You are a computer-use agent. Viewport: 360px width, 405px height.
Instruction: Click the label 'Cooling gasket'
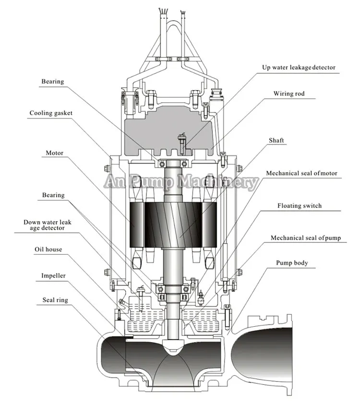pos(51,113)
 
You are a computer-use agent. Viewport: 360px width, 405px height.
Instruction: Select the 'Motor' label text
pos(54,153)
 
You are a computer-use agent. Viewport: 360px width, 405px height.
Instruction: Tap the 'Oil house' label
pos(48,250)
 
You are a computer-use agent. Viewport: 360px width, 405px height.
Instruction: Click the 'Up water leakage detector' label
pos(299,68)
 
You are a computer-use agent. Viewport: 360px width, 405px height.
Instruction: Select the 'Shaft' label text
pos(276,140)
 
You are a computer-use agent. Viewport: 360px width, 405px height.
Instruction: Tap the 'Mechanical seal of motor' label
pos(301,173)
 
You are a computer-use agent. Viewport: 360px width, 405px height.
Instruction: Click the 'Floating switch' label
pos(300,205)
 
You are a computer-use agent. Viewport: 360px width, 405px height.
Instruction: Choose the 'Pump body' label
pos(292,263)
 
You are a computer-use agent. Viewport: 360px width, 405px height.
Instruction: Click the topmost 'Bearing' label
pos(52,82)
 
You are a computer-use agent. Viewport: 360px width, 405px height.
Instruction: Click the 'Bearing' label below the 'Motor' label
pos(52,195)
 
